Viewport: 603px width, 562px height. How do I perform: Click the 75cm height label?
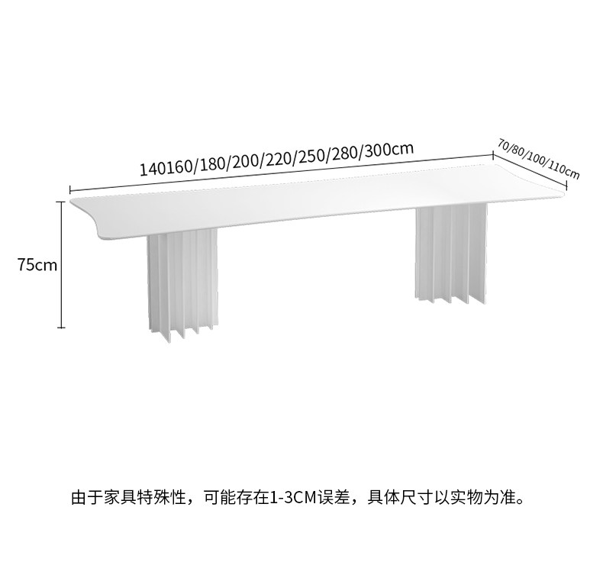(37, 265)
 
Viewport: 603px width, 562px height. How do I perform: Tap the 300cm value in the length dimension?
(389, 149)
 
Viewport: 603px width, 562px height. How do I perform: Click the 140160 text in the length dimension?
(166, 167)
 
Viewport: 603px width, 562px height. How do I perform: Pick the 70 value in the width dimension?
(504, 144)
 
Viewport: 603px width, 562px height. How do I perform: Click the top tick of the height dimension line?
(61, 201)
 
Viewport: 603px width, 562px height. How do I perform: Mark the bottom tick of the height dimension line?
(61, 328)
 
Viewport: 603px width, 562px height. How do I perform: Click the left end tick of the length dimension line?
(69, 189)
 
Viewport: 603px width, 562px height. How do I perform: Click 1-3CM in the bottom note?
(292, 497)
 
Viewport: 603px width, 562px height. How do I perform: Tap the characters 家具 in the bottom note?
(120, 497)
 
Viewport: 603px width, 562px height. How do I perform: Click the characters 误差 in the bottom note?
(333, 497)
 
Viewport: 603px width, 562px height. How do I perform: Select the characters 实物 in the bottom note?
(466, 497)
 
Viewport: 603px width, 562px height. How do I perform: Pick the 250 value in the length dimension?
(312, 156)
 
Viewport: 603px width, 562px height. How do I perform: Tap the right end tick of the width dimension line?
(567, 186)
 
